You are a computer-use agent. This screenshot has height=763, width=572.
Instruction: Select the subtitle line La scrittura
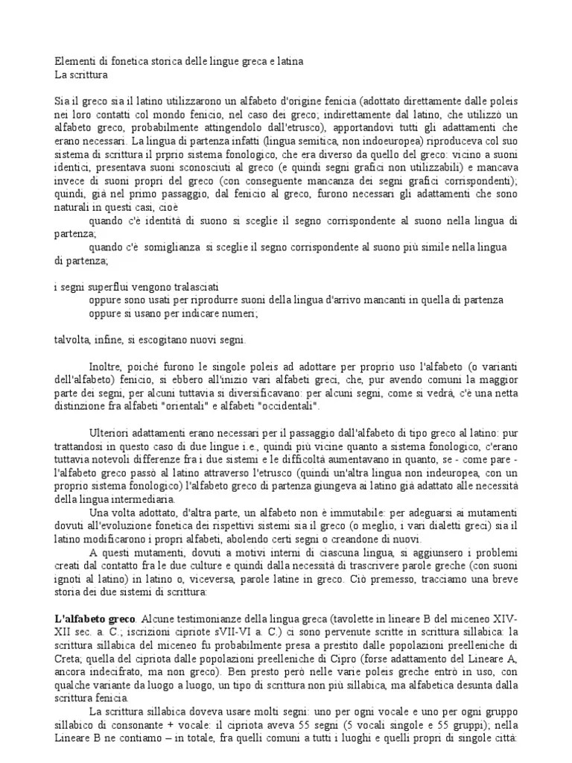pos(82,75)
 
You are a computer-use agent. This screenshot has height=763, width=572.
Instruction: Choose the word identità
pos(172,221)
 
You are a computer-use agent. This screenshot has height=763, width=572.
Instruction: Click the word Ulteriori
pos(112,433)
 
